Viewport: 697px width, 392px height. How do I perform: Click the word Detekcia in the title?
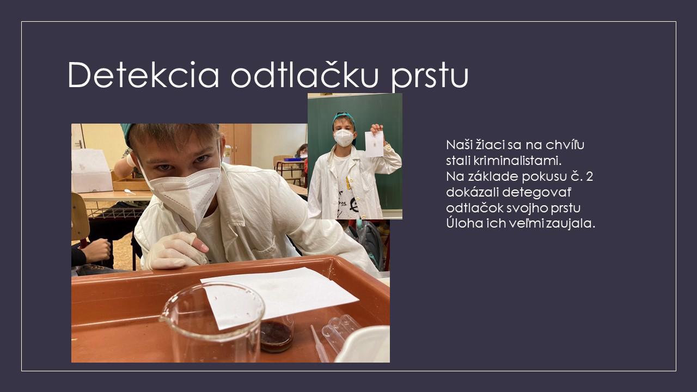tap(143, 75)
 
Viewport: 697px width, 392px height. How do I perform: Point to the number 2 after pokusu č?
tap(589, 176)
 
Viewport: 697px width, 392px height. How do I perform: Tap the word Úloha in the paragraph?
tap(461, 223)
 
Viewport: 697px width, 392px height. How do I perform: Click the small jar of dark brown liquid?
tap(276, 334)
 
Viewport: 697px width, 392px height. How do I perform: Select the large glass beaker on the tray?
tap(212, 322)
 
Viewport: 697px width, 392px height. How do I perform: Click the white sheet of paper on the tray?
tap(279, 297)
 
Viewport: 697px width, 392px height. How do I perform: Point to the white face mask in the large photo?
tap(184, 190)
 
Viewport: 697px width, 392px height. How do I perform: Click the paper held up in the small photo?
tap(374, 144)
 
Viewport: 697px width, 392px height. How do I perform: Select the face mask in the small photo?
tap(344, 138)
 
